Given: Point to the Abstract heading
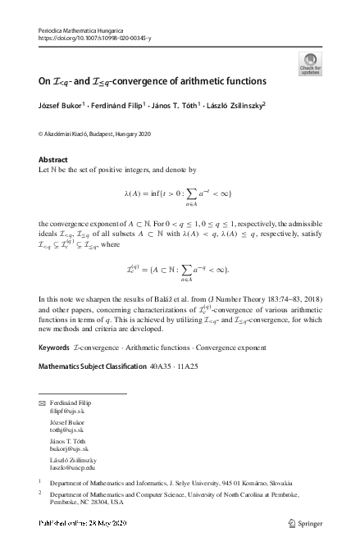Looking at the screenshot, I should (53, 159).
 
